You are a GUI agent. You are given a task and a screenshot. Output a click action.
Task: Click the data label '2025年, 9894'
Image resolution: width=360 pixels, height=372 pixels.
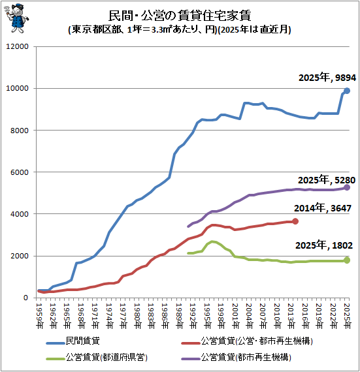[327, 78]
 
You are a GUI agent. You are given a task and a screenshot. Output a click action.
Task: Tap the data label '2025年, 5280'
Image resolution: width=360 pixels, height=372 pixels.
[327, 180]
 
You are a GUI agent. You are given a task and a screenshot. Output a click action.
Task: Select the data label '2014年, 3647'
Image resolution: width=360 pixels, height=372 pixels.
[323, 208]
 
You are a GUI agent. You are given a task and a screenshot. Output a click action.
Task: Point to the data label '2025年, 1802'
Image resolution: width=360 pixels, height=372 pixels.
[324, 245]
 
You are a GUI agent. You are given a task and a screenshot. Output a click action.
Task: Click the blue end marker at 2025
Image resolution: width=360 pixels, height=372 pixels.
[347, 91]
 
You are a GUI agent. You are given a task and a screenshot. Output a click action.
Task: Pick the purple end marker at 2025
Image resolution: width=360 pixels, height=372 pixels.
[347, 187]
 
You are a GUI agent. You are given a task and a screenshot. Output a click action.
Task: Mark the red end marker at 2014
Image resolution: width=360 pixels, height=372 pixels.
[295, 221]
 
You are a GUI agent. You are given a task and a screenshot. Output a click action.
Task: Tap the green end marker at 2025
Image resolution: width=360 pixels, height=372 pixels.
[347, 260]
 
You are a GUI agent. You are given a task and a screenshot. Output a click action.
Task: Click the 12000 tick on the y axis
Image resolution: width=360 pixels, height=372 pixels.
[17, 46]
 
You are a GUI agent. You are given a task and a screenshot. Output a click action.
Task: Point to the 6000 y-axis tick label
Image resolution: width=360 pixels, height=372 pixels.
[20, 172]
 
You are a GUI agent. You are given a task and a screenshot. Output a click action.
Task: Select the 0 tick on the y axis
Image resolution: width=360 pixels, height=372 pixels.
[26, 298]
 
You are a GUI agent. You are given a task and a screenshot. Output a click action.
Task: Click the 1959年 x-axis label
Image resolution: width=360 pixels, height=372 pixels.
[39, 316]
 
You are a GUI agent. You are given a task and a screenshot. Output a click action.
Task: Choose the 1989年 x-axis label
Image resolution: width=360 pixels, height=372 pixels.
[180, 316]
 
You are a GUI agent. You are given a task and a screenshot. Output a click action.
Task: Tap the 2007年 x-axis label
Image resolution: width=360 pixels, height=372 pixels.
[263, 316]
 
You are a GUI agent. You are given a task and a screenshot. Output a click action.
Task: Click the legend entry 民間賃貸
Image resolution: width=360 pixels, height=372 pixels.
[73, 341]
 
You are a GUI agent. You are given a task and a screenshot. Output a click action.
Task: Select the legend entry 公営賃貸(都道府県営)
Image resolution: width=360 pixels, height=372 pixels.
[97, 357]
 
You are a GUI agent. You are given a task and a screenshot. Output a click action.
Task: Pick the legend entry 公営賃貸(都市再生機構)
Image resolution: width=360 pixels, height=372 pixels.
[236, 357]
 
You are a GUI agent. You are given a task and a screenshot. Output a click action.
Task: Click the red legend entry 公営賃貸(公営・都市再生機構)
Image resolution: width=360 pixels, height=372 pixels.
[247, 341]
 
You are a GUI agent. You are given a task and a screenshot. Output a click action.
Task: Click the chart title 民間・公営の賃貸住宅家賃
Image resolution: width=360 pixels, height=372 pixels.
[180, 16]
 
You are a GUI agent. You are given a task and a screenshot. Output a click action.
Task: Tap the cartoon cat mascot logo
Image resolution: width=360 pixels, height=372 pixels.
[16, 18]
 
